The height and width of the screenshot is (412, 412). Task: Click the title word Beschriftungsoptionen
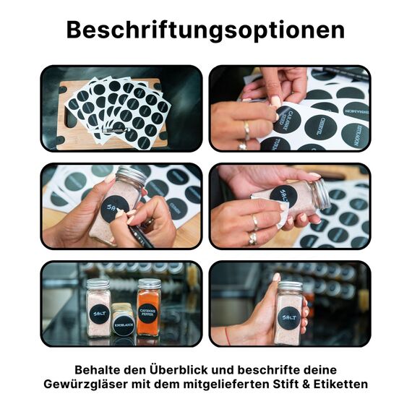click(205, 30)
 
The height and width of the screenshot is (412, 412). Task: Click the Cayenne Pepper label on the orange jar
click(148, 315)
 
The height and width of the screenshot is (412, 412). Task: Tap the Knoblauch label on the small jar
click(123, 326)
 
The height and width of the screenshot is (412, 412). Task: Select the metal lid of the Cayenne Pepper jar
click(148, 283)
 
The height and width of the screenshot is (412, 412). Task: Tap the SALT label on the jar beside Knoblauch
click(99, 314)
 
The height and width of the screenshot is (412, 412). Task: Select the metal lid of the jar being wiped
click(319, 194)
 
